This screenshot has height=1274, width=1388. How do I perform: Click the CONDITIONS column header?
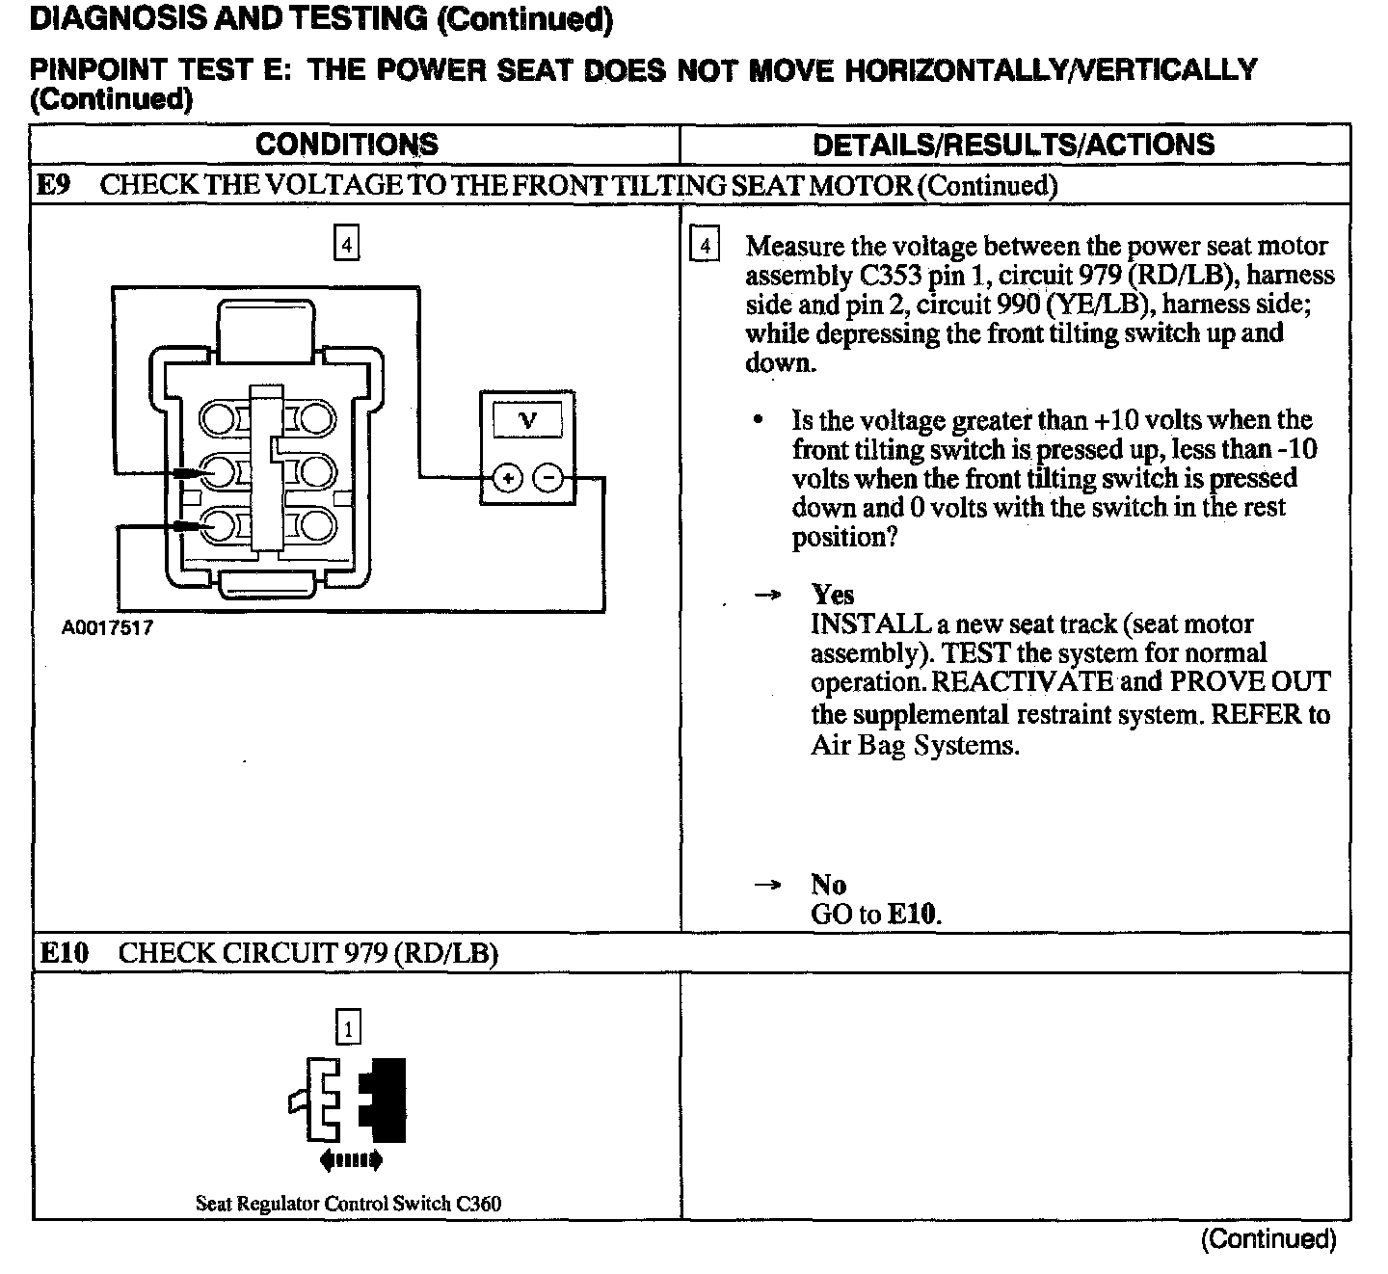coord(346,145)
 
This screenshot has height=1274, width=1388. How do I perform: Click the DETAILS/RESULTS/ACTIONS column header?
coord(1013,145)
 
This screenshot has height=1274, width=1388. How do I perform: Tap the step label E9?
coord(53,185)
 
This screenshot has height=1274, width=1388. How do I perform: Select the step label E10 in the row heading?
coord(64,953)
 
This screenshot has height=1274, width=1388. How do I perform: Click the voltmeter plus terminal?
coord(507,477)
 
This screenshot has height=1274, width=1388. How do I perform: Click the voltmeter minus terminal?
coord(548,477)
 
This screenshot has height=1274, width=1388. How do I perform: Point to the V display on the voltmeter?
coord(527,420)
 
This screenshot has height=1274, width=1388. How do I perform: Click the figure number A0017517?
coord(107,628)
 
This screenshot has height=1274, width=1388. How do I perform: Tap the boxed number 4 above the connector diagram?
coord(346,242)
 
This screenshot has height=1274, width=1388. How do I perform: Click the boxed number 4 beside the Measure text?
coord(705,247)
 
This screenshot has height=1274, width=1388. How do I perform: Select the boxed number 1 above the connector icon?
coord(348,1027)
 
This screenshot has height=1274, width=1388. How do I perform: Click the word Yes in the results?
coord(832,594)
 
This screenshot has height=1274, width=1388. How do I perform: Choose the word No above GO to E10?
coord(828,885)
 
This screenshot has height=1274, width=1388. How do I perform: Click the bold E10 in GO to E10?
coord(912,914)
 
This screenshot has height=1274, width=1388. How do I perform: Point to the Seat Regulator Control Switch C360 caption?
coord(348,1203)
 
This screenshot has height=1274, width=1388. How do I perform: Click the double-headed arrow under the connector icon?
coord(350,1159)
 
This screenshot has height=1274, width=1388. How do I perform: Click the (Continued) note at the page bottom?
coord(1268,1239)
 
